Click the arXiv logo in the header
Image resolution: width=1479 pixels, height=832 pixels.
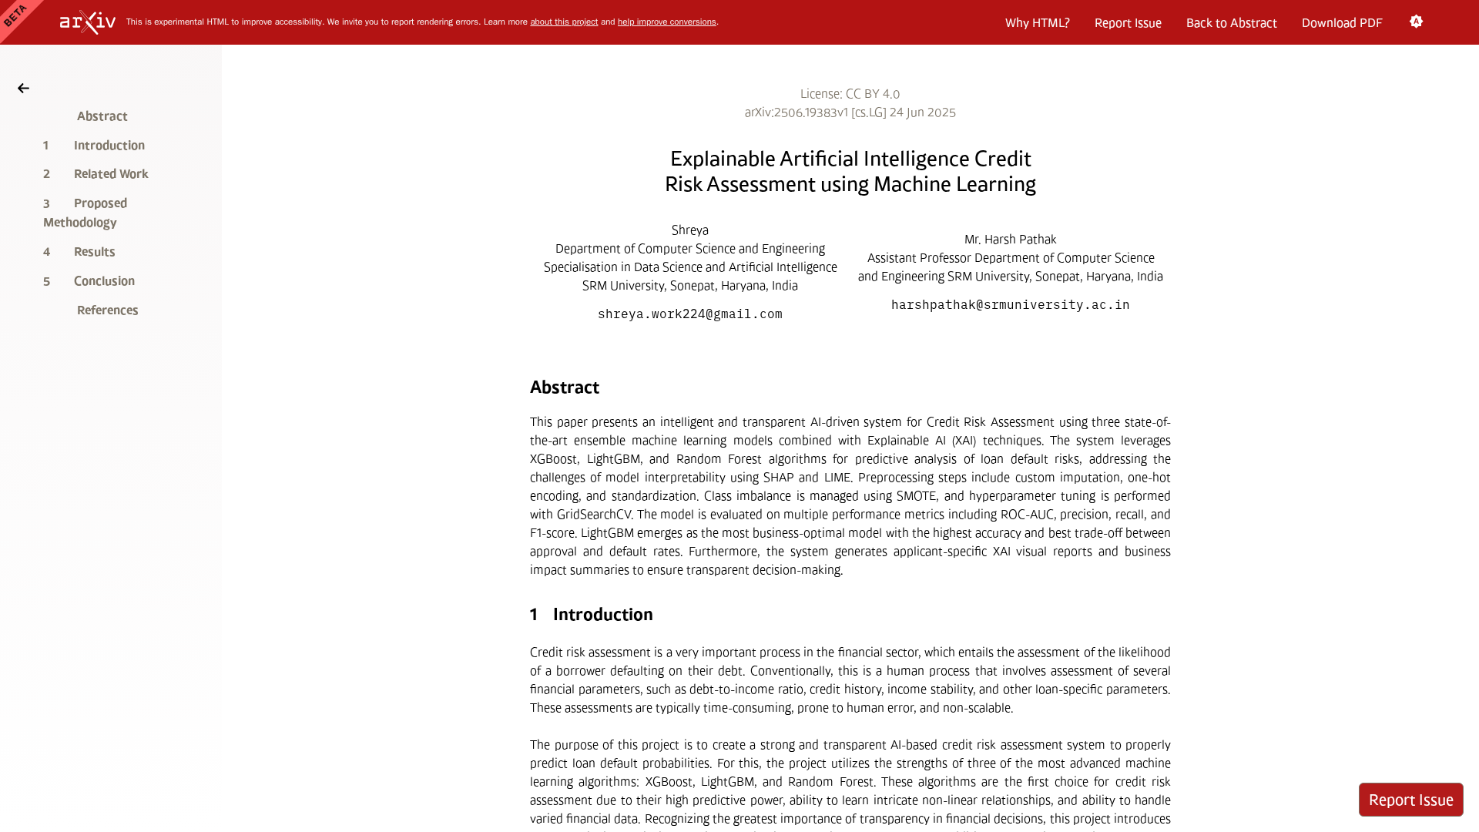coord(88,22)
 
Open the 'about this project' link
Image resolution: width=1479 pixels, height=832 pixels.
coord(564,22)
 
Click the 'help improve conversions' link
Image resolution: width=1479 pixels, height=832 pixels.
coord(666,22)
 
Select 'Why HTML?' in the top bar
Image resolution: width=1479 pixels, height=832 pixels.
coord(1037,23)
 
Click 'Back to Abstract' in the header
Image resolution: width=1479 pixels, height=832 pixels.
coord(1231,23)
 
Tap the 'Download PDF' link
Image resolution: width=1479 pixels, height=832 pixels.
coord(1342,23)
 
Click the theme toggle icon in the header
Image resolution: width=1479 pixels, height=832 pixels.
coord(1416,22)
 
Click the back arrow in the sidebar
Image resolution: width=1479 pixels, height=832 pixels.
coord(24,89)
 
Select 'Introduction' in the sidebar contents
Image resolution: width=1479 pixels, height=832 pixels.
coord(109,146)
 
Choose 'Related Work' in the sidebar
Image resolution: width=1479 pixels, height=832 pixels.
coord(111,174)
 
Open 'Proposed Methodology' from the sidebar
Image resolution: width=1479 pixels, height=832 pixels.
coord(86,213)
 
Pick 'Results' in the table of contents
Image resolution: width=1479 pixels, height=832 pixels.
coord(94,252)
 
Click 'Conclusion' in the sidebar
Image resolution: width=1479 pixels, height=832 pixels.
coord(104,281)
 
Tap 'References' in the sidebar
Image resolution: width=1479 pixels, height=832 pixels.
coord(107,310)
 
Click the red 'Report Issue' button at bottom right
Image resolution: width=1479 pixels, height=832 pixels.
coord(1410,800)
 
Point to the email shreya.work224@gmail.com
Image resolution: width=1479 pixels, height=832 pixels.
coord(689,314)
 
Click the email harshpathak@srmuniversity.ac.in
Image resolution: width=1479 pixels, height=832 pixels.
coord(1010,305)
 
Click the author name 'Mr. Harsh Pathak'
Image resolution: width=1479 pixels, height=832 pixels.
coord(1010,240)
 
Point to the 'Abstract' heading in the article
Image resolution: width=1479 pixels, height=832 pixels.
coord(564,387)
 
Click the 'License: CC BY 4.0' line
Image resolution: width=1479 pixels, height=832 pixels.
coord(850,94)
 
